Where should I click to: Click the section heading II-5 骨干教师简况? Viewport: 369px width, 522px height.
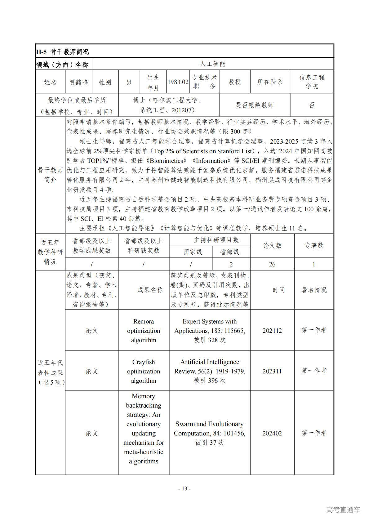[62, 52]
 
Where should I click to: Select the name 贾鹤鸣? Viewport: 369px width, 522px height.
[78, 83]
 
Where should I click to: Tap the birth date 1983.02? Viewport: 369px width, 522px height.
[178, 82]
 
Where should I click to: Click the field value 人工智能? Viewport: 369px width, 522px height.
[212, 64]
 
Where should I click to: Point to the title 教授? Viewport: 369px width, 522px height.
[235, 82]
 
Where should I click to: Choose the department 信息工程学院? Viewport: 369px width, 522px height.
[312, 82]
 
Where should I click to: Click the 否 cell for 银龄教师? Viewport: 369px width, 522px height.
[312, 105]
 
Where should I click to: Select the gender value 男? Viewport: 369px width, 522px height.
[129, 83]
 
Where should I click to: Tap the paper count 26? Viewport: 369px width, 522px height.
[272, 264]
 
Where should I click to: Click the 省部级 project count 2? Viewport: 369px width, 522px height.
[231, 264]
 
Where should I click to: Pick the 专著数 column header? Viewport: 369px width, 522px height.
[314, 246]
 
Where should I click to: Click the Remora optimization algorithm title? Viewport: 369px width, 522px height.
[144, 331]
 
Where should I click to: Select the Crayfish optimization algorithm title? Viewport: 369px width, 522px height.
[144, 371]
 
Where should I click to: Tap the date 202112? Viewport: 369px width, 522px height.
[272, 331]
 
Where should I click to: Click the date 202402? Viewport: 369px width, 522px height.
[272, 433]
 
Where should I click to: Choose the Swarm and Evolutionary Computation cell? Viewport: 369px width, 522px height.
[209, 433]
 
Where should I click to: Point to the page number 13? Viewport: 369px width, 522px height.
[184, 489]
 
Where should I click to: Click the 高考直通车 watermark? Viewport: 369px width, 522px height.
[343, 510]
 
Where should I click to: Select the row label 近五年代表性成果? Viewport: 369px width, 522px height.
[50, 372]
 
